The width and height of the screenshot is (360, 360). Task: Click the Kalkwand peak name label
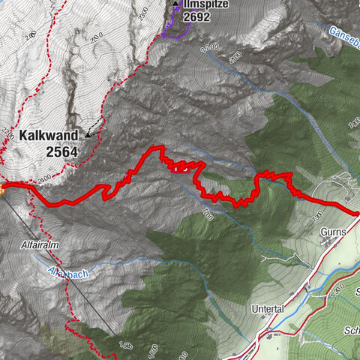(50, 136)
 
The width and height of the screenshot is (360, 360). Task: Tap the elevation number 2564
(51, 151)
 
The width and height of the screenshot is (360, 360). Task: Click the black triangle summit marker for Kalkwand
(88, 135)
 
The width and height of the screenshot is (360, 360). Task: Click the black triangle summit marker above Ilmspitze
(175, 4)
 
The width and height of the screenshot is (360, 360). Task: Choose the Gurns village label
(331, 232)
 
